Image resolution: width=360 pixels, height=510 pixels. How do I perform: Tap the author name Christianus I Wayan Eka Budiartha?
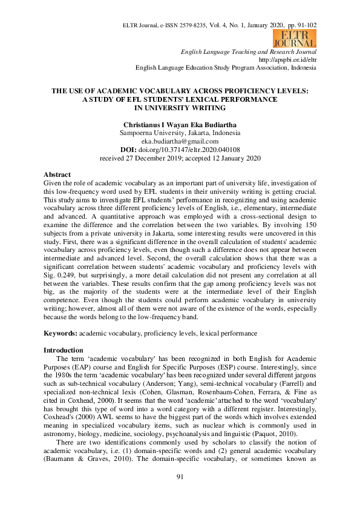180,125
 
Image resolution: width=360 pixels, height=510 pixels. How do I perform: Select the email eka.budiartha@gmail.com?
180,141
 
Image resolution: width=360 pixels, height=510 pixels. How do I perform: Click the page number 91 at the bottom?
180,494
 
